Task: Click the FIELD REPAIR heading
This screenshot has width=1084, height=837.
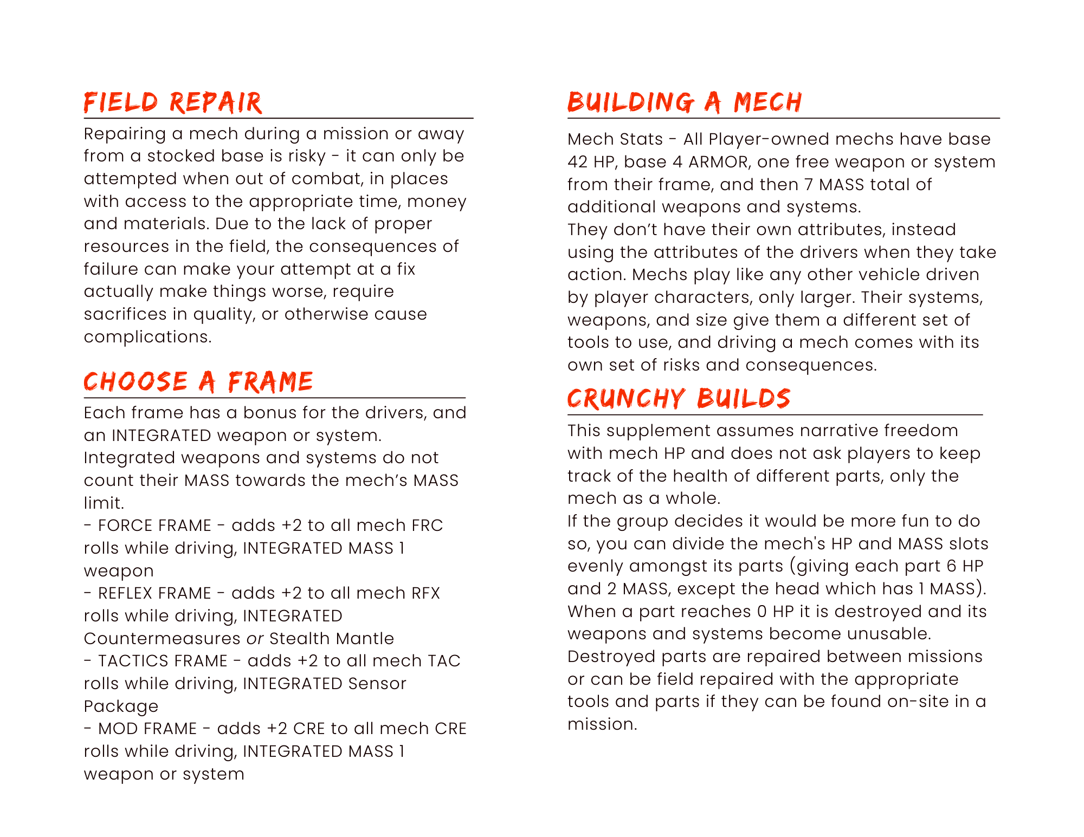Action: (x=173, y=103)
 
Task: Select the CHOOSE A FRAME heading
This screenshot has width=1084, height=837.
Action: (x=198, y=382)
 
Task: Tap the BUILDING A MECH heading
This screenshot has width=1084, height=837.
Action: (x=685, y=103)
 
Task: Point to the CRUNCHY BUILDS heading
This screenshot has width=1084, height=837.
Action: (x=679, y=399)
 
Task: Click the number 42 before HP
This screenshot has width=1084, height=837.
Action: (x=578, y=162)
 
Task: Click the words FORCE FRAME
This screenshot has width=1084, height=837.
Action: (x=154, y=525)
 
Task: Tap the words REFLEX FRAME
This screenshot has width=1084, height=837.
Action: (x=154, y=593)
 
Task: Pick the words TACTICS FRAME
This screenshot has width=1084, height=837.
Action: (x=163, y=661)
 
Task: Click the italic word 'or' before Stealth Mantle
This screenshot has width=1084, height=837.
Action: (x=255, y=639)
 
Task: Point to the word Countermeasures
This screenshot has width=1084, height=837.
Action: (x=162, y=639)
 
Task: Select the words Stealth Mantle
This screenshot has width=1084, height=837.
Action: (x=332, y=639)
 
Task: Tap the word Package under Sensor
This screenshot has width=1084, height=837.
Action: (x=121, y=707)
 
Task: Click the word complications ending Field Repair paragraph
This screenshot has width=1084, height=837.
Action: (x=147, y=337)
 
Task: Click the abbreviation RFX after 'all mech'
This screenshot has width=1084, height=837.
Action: (x=425, y=593)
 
